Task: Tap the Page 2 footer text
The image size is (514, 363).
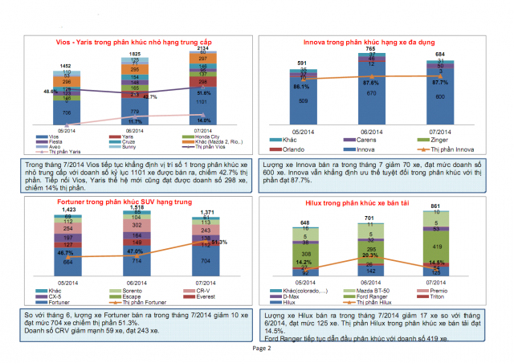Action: pos(258,349)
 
